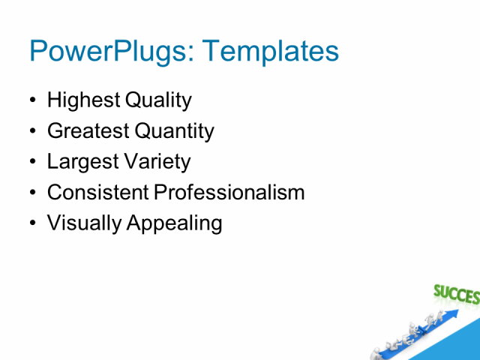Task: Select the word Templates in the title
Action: (271, 51)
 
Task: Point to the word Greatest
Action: (88, 131)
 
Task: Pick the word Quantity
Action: (174, 131)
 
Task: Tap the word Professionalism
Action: (229, 192)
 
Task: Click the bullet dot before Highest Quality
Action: (32, 100)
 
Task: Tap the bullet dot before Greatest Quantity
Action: (32, 131)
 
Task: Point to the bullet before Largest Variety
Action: (32, 162)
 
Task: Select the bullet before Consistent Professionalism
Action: (32, 193)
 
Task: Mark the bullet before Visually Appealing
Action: (32, 223)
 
